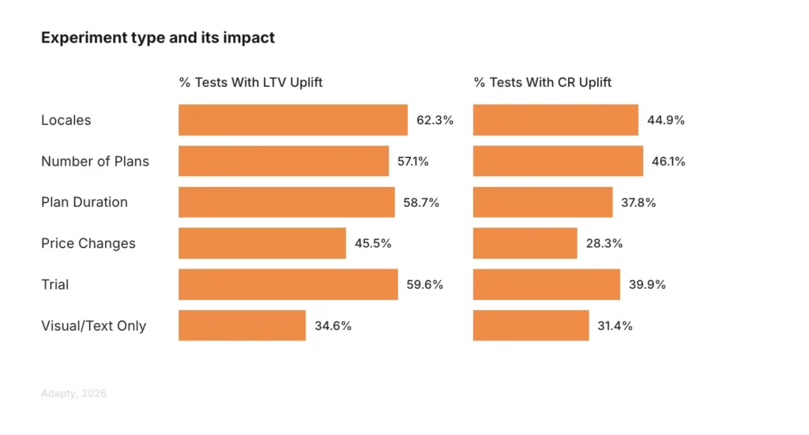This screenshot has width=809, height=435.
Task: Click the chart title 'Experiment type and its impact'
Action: pos(157,38)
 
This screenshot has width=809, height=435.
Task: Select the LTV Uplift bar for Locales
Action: pos(292,120)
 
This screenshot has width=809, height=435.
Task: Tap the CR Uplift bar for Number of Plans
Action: pos(558,161)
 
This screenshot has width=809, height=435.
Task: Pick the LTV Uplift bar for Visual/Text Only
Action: pos(242,325)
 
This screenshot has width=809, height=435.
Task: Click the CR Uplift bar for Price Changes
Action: pos(525,243)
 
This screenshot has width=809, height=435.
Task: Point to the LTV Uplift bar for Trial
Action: pos(288,284)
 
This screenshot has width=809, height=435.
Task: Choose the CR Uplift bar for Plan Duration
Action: pos(542,202)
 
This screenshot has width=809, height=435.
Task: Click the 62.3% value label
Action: pos(435,121)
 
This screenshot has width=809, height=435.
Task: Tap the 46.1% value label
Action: pos(668,162)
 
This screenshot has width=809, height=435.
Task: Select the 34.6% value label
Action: pos(333,326)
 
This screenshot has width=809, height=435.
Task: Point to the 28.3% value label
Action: pos(604,244)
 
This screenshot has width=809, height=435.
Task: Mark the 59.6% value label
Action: pos(425,285)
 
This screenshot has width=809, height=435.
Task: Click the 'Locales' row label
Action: pos(66,121)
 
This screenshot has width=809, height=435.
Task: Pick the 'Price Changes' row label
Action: pos(88,244)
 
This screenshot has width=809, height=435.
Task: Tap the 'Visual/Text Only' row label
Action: pos(93,326)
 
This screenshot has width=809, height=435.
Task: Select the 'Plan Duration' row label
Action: pos(85,203)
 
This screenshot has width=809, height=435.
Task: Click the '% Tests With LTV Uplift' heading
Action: pos(250,83)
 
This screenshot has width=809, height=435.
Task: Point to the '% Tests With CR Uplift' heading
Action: pos(542,83)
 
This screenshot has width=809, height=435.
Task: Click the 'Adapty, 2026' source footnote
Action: pos(73,393)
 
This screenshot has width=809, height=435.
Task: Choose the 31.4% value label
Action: pos(615,326)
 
